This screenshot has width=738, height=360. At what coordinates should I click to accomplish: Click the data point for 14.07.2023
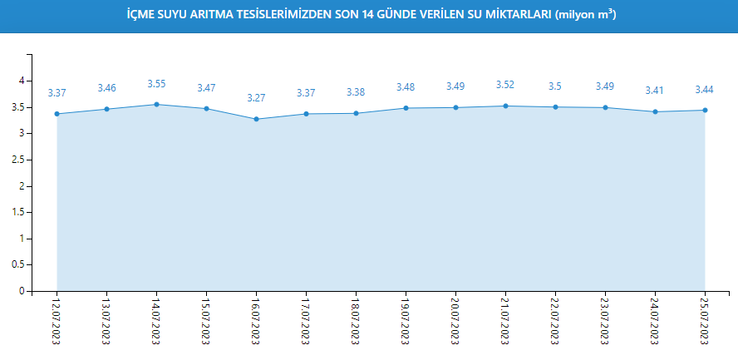(x=156, y=104)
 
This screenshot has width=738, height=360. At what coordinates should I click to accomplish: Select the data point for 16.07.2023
(x=256, y=119)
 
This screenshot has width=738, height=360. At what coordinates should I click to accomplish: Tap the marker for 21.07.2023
(x=505, y=106)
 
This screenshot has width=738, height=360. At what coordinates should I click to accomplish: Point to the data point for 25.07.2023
(x=705, y=110)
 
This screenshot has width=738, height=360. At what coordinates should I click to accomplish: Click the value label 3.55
(x=156, y=84)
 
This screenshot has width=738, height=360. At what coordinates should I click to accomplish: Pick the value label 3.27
(x=256, y=98)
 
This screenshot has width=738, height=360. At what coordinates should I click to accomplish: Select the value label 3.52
(x=505, y=85)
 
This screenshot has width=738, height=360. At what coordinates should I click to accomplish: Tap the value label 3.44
(x=705, y=89)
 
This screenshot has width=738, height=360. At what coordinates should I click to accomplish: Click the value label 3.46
(x=106, y=88)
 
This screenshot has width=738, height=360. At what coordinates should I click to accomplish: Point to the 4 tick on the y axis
(x=22, y=81)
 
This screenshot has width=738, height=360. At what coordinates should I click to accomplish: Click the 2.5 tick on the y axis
(x=17, y=160)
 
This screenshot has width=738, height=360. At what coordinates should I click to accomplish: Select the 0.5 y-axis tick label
(x=17, y=265)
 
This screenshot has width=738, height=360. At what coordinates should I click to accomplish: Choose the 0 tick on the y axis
(x=22, y=291)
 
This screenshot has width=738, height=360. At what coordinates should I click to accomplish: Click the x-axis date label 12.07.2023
(x=57, y=319)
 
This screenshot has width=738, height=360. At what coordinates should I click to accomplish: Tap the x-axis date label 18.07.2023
(x=356, y=319)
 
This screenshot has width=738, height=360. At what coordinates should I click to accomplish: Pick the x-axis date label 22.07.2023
(x=555, y=319)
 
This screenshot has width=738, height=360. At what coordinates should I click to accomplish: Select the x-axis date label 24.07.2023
(x=655, y=319)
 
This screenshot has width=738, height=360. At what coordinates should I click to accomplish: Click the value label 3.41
(x=655, y=91)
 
